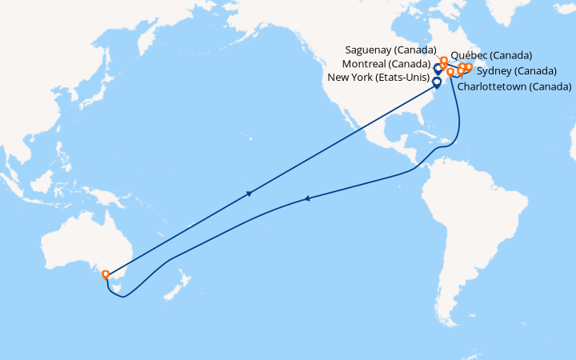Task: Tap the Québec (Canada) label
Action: coord(492,55)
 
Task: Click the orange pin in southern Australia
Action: coord(106,274)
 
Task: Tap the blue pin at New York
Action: coord(437,82)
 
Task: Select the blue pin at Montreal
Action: coord(438,69)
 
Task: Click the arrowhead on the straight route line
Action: coord(250,193)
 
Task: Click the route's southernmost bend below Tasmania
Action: coord(121,297)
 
